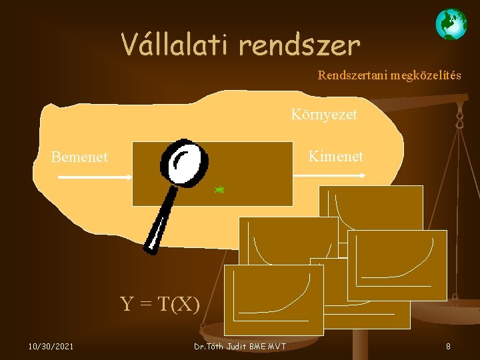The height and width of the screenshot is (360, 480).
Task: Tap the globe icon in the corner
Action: click(451, 25)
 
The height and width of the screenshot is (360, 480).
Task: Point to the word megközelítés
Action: click(427, 75)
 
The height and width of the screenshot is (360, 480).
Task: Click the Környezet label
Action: click(324, 114)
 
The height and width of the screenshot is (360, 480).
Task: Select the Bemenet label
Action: click(79, 157)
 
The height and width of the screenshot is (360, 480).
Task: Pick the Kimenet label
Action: click(335, 156)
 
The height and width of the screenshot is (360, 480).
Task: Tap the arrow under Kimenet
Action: click(331, 175)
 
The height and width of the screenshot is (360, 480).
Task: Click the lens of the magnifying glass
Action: click(183, 161)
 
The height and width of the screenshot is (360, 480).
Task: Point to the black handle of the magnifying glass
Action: click(159, 220)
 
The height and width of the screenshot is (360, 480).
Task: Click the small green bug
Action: click(219, 190)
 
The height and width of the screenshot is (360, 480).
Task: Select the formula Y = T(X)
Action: click(160, 304)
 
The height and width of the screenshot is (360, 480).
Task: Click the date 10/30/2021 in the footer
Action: click(51, 346)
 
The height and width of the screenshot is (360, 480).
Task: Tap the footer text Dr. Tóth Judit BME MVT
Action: click(239, 347)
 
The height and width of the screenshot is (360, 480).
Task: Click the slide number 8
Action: click(448, 346)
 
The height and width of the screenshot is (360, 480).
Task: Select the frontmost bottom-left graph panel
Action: click(273, 299)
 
